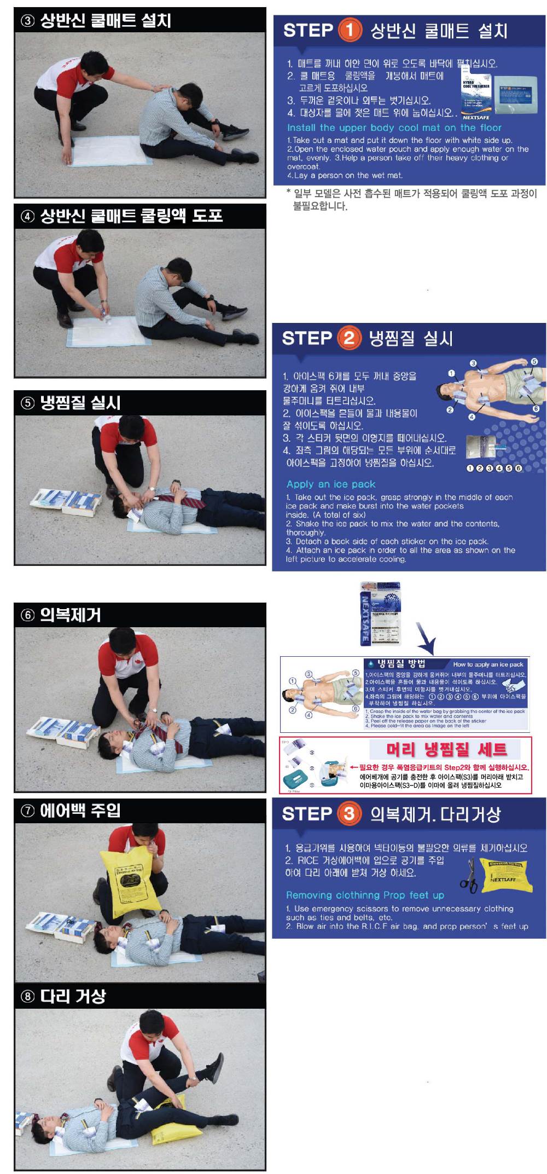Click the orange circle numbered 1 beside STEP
(x=350, y=30)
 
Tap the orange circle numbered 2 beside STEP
(x=349, y=338)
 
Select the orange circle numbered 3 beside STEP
(x=349, y=814)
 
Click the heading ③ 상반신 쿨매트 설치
(x=96, y=21)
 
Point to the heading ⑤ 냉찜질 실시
(x=71, y=403)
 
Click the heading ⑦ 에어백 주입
(x=71, y=811)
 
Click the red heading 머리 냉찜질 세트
(x=446, y=749)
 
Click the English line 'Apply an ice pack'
(x=331, y=484)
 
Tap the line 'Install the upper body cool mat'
(x=394, y=128)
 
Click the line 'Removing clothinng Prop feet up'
(x=365, y=895)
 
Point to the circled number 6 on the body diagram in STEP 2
(x=536, y=409)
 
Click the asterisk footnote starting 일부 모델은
(x=410, y=199)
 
